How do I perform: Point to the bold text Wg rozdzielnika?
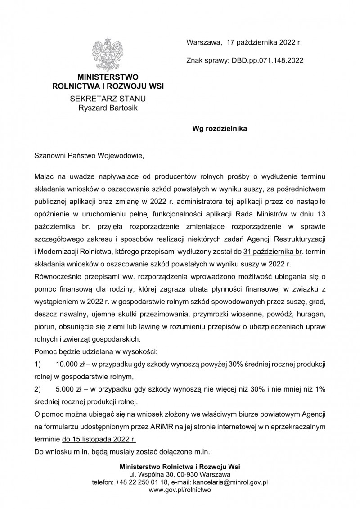point(220,128)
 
